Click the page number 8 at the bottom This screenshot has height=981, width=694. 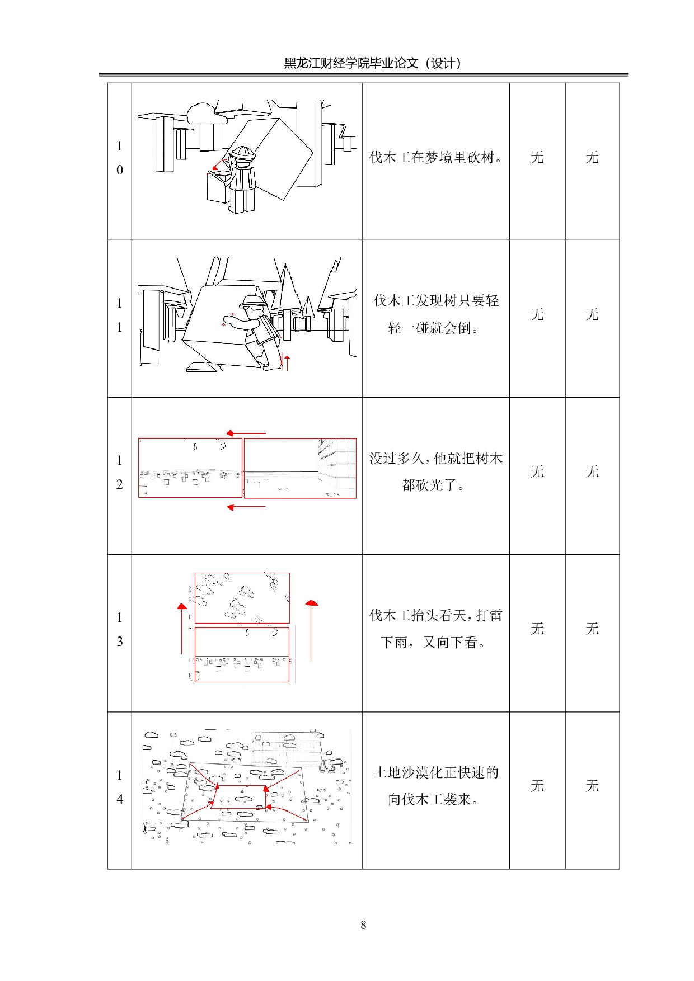pos(363,925)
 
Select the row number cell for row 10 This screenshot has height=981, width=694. pos(119,158)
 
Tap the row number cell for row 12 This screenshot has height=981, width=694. pos(119,473)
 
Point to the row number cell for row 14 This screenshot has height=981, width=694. pos(119,787)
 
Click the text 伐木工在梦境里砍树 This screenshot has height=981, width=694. pos(434,158)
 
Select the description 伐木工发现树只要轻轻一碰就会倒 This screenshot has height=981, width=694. pos(435,314)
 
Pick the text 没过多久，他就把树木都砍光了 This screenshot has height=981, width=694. pos(435,471)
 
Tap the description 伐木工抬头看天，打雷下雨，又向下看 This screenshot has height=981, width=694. pos(435,629)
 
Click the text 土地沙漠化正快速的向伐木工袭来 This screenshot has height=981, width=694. pos(435,786)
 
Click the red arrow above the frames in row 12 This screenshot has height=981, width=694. pos(246,433)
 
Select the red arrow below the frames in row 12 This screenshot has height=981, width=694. pos(246,507)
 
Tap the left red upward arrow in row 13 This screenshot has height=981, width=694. pos(182,629)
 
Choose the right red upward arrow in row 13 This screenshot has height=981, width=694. pos(311,629)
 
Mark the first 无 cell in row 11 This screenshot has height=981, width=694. pos(537,315)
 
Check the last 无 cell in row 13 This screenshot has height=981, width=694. pos(592,629)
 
